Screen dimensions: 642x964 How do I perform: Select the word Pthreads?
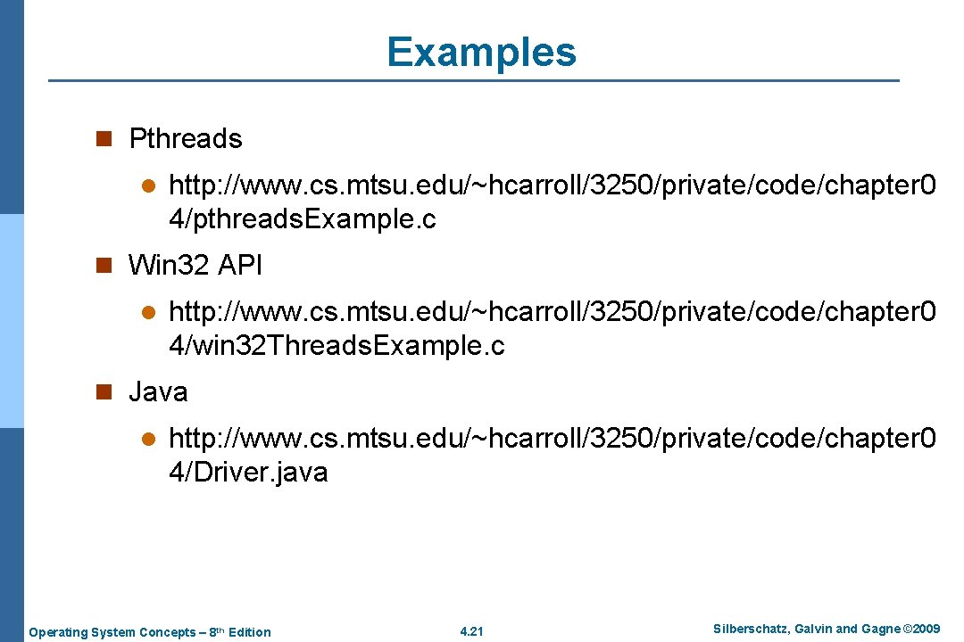click(x=186, y=139)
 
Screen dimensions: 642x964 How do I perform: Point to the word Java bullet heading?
click(x=158, y=391)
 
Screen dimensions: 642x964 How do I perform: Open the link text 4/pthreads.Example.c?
click(x=303, y=219)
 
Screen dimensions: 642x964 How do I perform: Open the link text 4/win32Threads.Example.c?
click(x=337, y=345)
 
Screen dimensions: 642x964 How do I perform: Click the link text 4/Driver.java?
click(x=248, y=472)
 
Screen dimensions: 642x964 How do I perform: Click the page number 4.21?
click(x=470, y=632)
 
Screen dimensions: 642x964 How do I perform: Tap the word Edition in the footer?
click(x=249, y=632)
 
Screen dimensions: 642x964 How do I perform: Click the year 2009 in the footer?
click(x=925, y=630)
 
